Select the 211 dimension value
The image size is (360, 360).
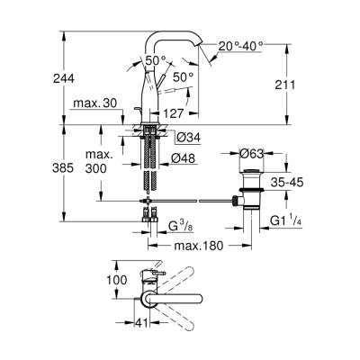point(307,85)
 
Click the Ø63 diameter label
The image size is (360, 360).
point(255,156)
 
